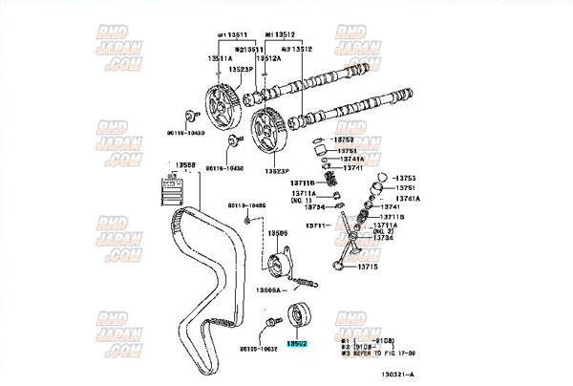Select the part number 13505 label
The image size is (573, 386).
(x=278, y=233)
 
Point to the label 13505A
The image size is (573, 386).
(x=273, y=288)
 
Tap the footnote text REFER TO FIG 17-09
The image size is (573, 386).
(x=382, y=353)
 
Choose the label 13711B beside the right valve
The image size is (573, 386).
(x=392, y=217)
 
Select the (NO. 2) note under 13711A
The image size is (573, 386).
(x=384, y=232)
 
